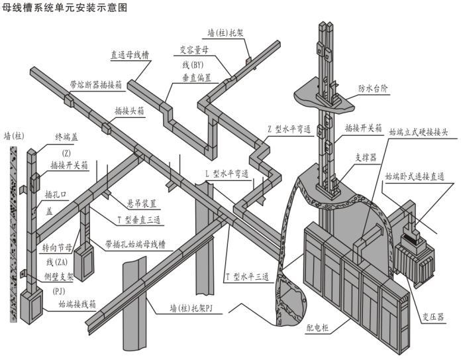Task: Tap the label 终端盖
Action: click(x=66, y=137)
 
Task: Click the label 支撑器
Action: click(x=364, y=158)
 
